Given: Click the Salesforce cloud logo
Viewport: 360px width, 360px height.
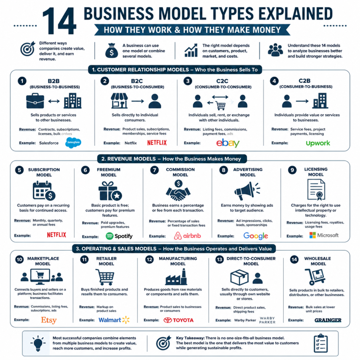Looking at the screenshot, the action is (73, 143).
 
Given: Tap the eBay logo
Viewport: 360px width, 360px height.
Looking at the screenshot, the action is (228, 143).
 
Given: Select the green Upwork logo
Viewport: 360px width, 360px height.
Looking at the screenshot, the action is (318, 143).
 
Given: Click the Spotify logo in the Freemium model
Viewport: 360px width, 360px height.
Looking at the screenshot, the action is (119, 236).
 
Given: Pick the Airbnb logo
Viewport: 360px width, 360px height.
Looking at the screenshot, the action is (187, 236).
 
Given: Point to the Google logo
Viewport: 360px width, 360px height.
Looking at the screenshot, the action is (256, 236).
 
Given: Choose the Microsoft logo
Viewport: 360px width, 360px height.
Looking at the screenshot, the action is (324, 235).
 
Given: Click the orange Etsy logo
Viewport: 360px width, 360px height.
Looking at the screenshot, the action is (49, 320).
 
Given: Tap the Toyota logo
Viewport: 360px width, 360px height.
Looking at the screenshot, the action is (178, 320).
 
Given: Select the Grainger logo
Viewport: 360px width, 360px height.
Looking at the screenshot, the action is (328, 320).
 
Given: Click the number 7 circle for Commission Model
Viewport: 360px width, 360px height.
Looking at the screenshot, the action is (154, 170).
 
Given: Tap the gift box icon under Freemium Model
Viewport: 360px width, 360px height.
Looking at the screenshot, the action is (110, 191).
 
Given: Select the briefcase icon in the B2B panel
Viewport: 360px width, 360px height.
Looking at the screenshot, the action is (35, 101).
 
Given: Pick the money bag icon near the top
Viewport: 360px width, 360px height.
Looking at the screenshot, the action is (111, 51).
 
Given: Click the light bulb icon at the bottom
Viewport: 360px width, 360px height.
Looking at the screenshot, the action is (38, 343).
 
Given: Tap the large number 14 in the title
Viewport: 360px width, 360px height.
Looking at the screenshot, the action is (59, 21).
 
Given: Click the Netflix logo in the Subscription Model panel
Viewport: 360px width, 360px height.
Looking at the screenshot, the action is (57, 234).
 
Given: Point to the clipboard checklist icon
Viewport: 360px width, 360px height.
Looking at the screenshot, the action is (321, 343).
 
